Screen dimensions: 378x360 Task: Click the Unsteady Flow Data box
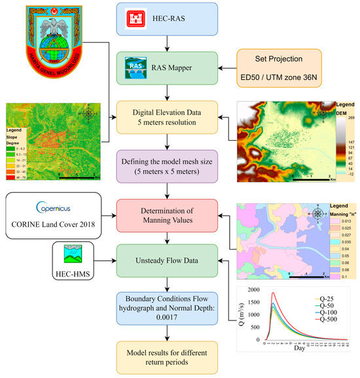click(x=168, y=261)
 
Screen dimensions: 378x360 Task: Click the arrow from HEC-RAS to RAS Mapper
click(x=168, y=46)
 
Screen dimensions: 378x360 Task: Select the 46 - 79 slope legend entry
click(x=20, y=175)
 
